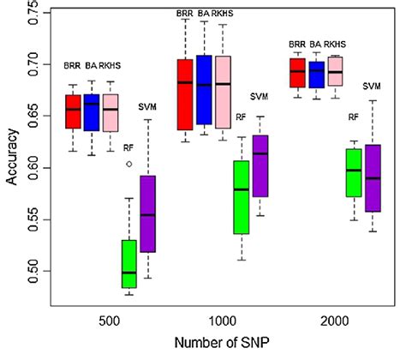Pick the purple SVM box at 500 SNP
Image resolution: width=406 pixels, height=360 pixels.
coord(148,213)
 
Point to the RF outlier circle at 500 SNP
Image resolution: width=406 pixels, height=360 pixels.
coord(128,163)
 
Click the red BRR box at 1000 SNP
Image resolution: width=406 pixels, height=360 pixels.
coord(184,94)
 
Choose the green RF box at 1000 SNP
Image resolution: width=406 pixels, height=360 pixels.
coord(242,197)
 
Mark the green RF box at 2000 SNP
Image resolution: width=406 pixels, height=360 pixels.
coord(352,172)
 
